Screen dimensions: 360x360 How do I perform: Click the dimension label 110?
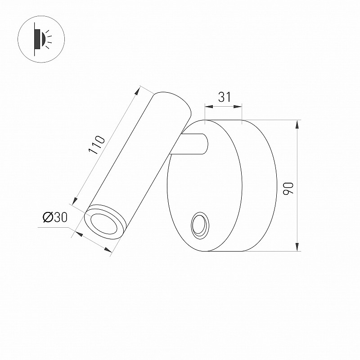97,145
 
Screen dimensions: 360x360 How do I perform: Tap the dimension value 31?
224,97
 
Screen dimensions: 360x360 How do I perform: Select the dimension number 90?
288,189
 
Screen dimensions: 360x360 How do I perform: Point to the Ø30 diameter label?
55,217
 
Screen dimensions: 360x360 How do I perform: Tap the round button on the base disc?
200,226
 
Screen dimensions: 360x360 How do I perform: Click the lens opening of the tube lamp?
104,224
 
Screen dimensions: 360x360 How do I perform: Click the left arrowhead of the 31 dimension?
209,107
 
